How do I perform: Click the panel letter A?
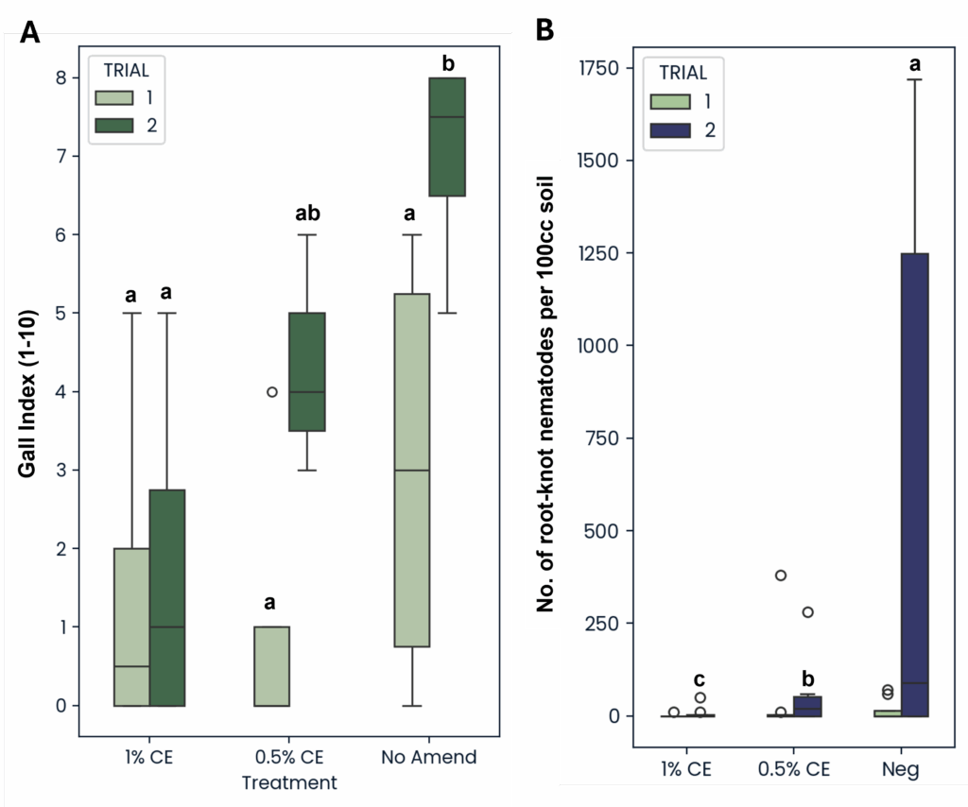tap(30, 32)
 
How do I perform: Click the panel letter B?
tap(545, 30)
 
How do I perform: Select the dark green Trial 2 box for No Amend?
tap(447, 136)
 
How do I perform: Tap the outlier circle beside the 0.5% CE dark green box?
tap(272, 391)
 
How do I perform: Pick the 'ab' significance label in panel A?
tap(307, 214)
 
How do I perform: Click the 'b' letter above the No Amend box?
tap(448, 64)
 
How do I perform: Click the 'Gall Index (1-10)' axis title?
tap(29, 391)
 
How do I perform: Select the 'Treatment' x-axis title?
tap(289, 782)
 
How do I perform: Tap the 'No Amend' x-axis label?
tap(429, 757)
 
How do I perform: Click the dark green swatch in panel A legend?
tap(114, 125)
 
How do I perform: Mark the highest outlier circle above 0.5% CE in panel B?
tap(781, 575)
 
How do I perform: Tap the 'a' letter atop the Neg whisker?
tap(914, 64)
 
